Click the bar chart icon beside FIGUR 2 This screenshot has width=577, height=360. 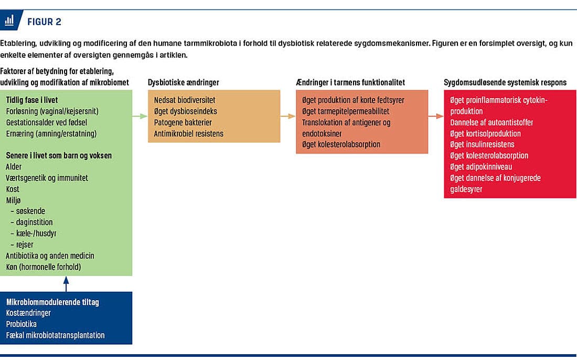(9, 20)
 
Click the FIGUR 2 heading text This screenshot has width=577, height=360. (44, 22)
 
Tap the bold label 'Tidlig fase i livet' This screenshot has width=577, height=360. (32, 100)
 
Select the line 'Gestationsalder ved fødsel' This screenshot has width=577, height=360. (46, 122)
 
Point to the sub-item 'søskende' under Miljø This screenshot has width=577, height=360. (30, 211)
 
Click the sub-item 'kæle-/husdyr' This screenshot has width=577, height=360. (36, 234)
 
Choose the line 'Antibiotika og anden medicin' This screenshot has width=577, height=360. (50, 256)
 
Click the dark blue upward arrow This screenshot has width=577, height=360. (66, 284)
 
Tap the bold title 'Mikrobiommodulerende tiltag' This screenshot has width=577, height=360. (52, 302)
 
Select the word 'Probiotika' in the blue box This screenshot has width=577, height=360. (22, 324)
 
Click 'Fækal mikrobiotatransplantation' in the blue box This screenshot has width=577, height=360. (55, 335)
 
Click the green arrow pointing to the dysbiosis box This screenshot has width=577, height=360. (140, 117)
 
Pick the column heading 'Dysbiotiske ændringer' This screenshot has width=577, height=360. (183, 82)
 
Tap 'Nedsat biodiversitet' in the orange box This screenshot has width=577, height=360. (185, 100)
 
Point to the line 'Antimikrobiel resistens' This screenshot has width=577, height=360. (189, 134)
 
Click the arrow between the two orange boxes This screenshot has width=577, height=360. (288, 117)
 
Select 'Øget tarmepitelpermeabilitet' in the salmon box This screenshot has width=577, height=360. (346, 111)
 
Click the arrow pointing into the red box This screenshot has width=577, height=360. (436, 117)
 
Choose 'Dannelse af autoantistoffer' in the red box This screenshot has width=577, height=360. (491, 122)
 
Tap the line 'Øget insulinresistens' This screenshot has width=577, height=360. (482, 144)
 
